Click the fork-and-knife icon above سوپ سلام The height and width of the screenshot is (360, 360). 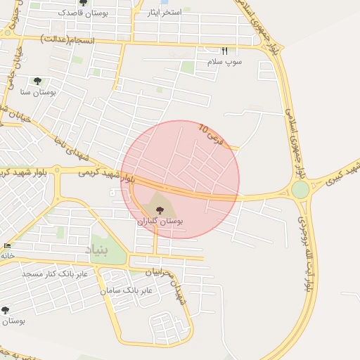click(x=225, y=51)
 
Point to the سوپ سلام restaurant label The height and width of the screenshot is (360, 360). click(x=224, y=62)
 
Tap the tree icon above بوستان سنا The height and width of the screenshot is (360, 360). click(x=37, y=82)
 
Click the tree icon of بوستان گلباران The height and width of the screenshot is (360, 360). click(x=158, y=209)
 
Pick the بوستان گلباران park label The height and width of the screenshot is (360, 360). click(x=160, y=221)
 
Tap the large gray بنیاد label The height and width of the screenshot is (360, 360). click(x=98, y=250)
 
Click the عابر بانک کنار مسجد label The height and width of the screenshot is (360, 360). click(x=55, y=273)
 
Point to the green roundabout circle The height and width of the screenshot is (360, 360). click(x=300, y=190)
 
